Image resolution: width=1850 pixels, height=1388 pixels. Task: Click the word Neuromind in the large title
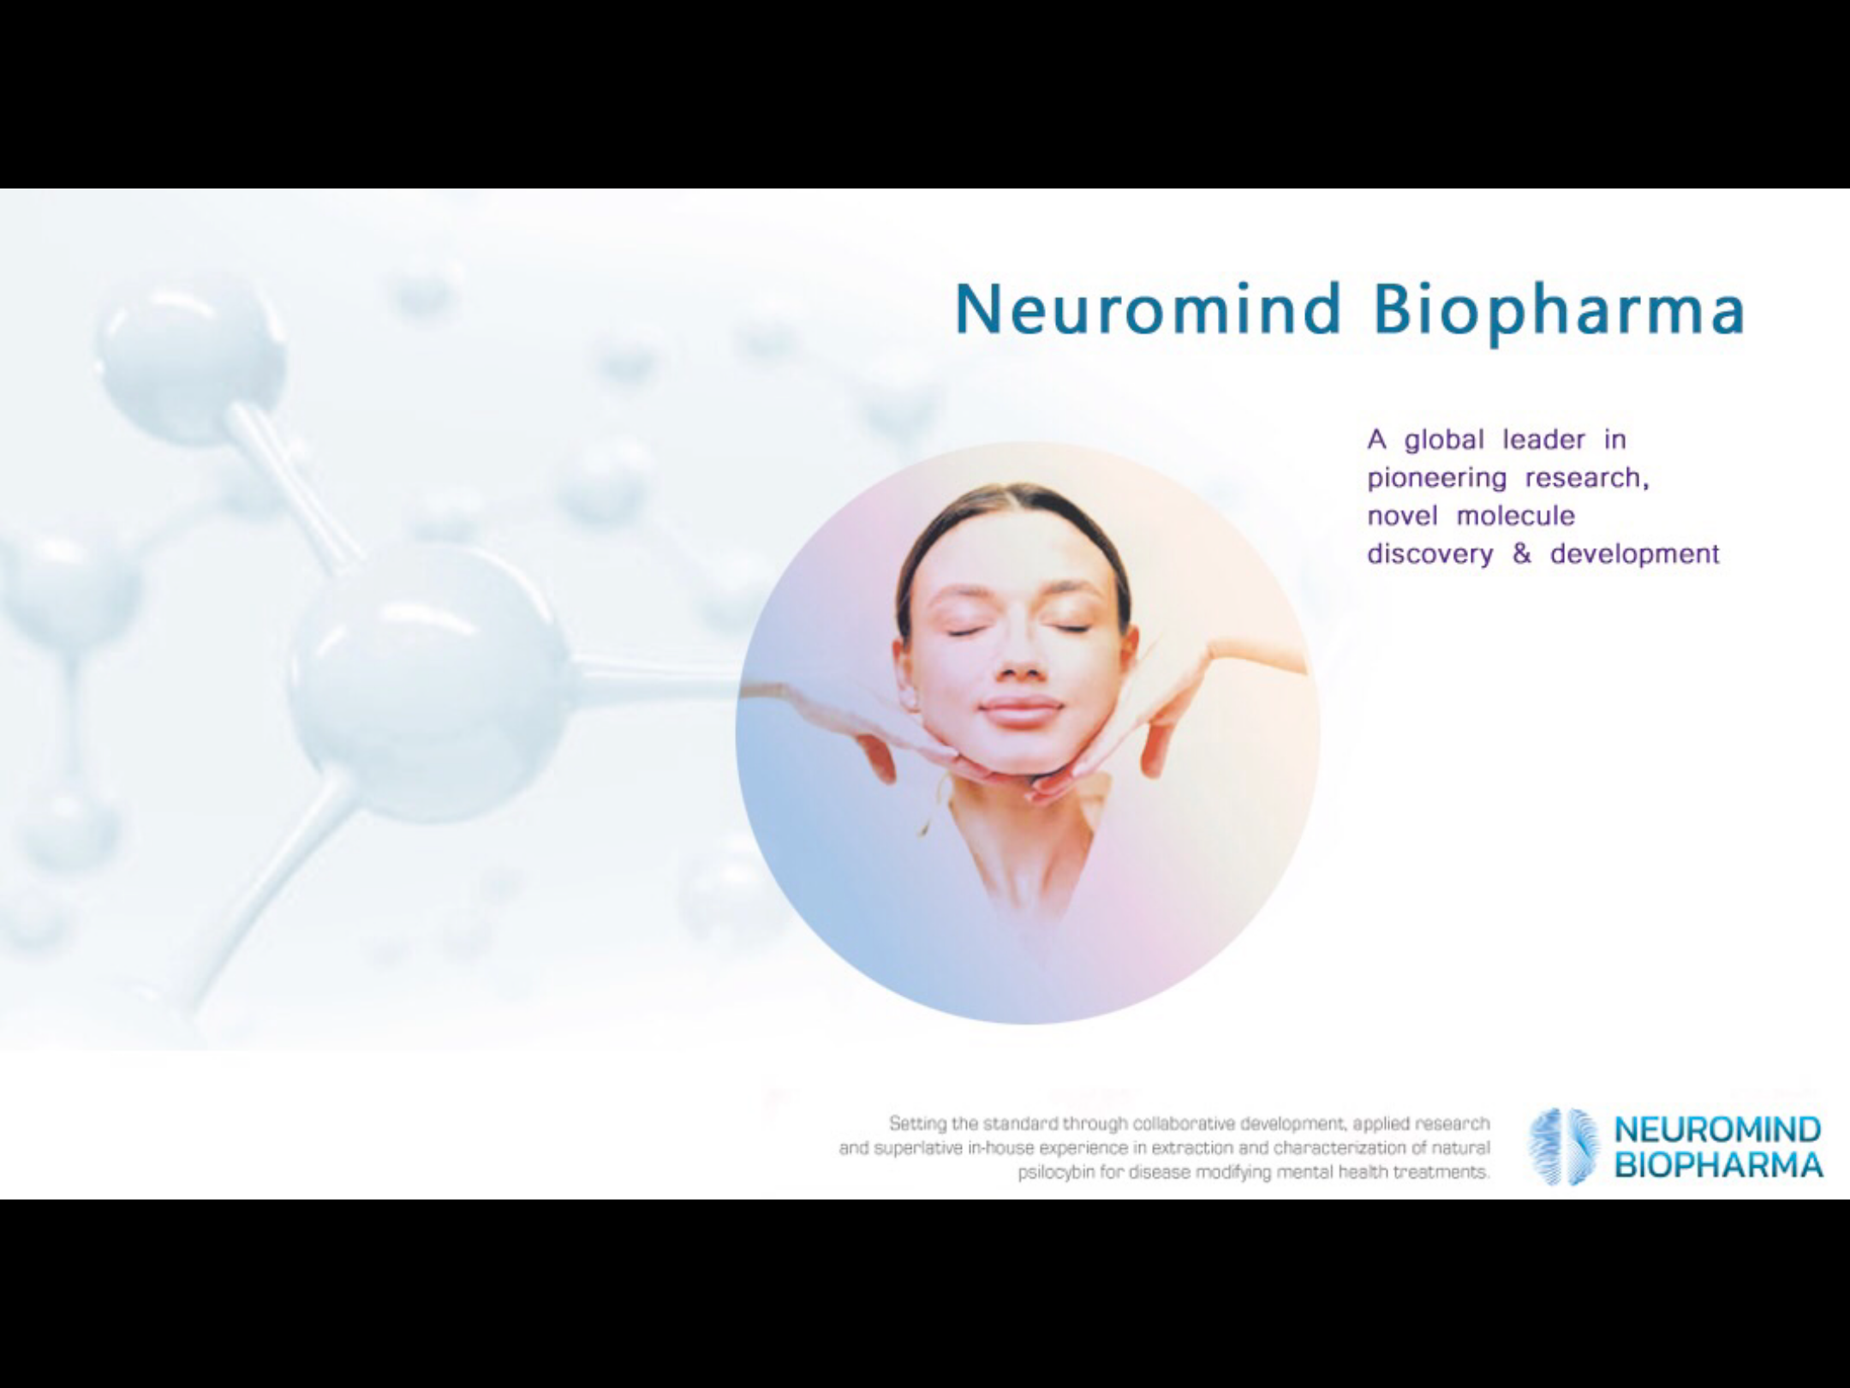(1148, 308)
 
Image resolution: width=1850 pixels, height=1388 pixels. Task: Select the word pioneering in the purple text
(1436, 478)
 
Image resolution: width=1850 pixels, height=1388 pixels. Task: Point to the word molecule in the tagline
(1516, 516)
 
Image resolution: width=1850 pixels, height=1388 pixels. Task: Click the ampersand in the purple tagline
(1521, 553)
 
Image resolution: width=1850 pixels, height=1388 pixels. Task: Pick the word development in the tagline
(1634, 554)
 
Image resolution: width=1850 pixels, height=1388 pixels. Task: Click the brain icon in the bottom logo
(1564, 1146)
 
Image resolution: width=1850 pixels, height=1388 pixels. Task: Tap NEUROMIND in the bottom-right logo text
(1717, 1130)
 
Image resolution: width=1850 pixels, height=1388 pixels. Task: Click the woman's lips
(1022, 709)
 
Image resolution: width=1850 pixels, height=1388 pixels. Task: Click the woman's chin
(1019, 758)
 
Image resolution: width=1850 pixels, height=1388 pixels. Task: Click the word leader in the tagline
(1543, 440)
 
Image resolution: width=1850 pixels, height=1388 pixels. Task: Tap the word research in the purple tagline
(1586, 478)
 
